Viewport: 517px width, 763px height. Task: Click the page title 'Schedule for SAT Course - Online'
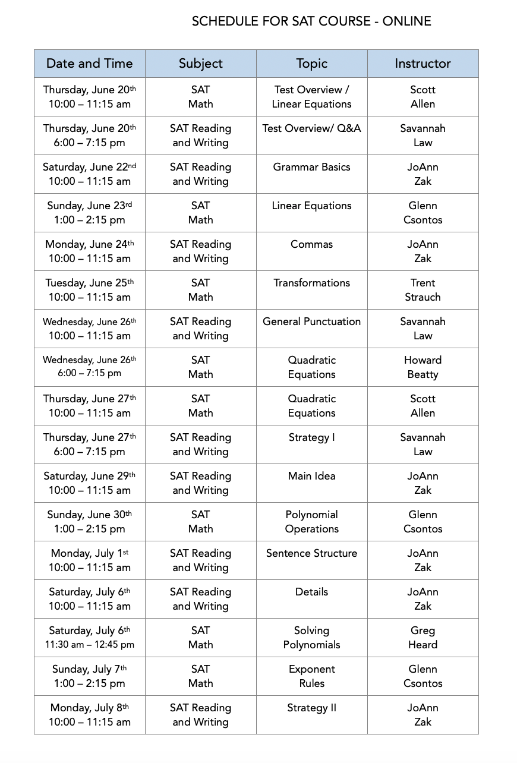coord(311,21)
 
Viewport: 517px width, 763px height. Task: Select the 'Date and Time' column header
coord(89,64)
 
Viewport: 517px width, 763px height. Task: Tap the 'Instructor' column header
coord(423,64)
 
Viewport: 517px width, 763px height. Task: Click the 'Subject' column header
coord(200,64)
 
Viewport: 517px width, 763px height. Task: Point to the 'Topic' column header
coord(311,64)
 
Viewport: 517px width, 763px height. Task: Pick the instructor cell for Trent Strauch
coord(423,290)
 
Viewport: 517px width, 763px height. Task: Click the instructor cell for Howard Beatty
coord(423,367)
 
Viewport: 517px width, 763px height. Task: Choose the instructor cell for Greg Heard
coord(423,638)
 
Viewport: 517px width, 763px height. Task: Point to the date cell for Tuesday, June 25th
coord(89,290)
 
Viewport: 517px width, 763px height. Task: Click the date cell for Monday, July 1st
coord(89,560)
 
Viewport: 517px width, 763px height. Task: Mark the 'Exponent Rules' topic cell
coord(311,676)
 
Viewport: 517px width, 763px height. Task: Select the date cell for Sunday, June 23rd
coord(89,213)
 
